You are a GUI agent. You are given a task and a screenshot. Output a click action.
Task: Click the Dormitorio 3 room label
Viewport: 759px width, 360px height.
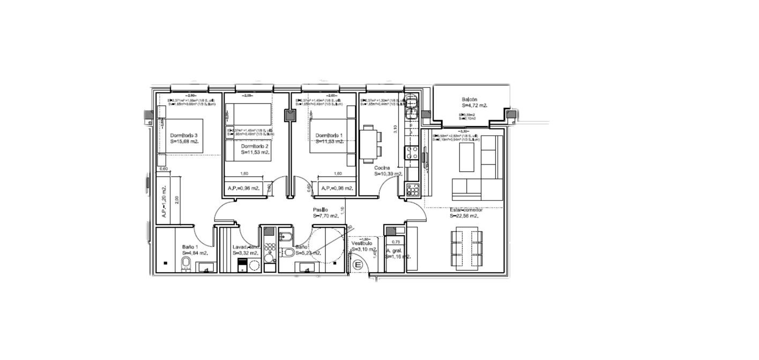[x=184, y=135]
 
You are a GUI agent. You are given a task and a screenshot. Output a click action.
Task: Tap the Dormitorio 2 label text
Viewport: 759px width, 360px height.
[x=255, y=146]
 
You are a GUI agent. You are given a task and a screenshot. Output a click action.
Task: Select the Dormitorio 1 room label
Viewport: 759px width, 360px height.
[x=329, y=135]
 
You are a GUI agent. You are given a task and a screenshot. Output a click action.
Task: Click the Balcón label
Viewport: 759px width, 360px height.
[x=469, y=100]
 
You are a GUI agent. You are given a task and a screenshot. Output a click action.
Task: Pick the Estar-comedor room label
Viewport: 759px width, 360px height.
[x=466, y=209]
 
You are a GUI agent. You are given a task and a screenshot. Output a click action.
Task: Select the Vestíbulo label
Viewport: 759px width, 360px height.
[x=362, y=243]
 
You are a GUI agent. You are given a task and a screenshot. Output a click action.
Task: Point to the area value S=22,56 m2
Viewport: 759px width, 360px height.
[x=464, y=216]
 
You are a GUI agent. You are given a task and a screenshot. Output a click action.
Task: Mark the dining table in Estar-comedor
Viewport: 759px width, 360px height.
[x=466, y=247]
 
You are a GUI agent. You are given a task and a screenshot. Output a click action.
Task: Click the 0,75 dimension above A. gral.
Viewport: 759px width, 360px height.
[x=396, y=242]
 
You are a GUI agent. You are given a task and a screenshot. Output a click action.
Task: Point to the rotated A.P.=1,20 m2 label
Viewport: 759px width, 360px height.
[x=164, y=204]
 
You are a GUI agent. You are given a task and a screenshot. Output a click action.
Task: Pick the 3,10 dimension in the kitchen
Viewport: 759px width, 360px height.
[x=394, y=130]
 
